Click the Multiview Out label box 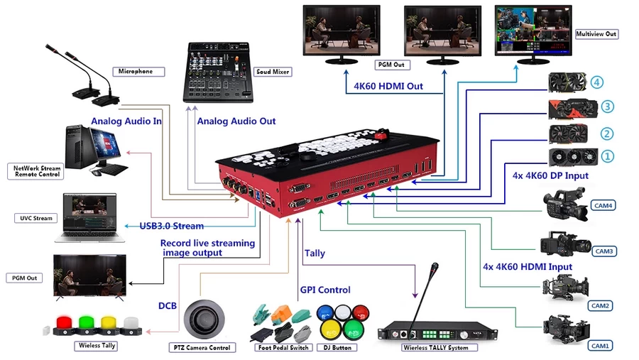click(596, 33)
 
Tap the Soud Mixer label click(272, 72)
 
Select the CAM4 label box click(603, 206)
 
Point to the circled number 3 click(607, 107)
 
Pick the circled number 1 click(607, 155)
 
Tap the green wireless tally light click(87, 324)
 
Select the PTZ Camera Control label click(200, 347)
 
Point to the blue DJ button click(325, 312)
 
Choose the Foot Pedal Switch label click(283, 347)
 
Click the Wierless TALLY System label click(435, 348)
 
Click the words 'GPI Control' click(325, 289)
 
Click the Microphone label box click(136, 72)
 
